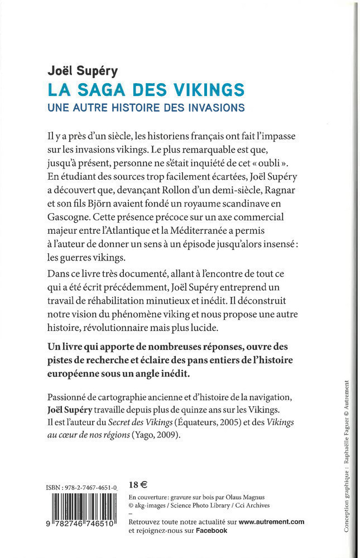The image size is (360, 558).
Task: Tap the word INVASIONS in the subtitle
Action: pyautogui.click(x=214, y=107)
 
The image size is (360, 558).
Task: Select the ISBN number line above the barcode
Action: pyautogui.click(x=81, y=488)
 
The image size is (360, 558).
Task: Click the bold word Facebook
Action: pyautogui.click(x=211, y=531)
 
